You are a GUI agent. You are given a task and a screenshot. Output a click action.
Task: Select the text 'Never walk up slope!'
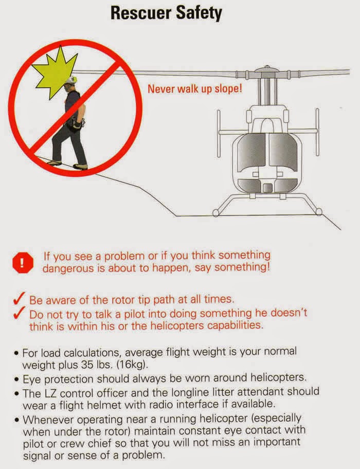pyautogui.click(x=195, y=89)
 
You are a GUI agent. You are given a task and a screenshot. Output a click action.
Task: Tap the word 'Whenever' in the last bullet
pyautogui.click(x=49, y=418)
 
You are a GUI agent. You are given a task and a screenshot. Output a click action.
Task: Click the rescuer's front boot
pyautogui.click(x=80, y=166)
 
